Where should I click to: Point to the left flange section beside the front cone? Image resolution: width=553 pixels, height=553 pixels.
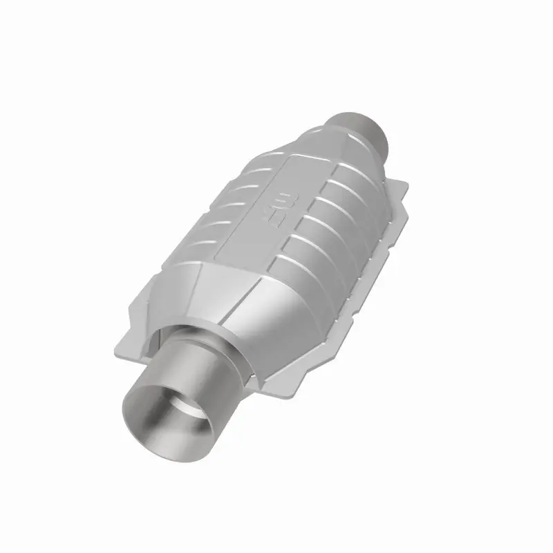[142, 304]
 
